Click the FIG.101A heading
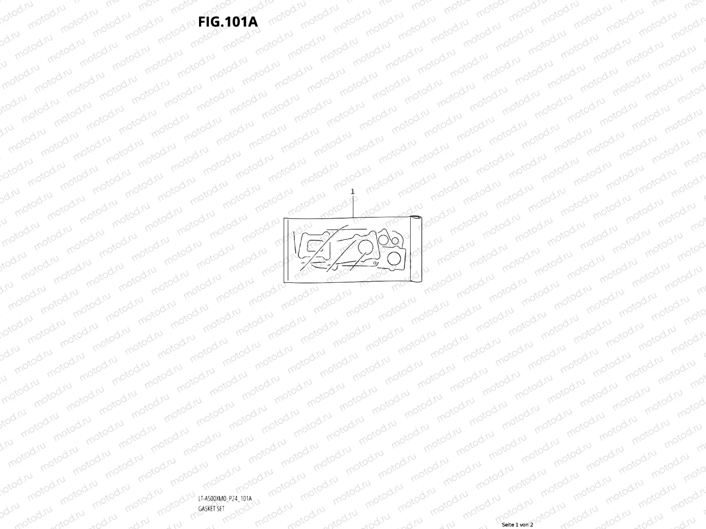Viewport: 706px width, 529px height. click(x=228, y=22)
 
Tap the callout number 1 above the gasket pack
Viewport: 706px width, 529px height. click(x=353, y=192)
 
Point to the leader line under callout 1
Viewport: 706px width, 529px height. click(x=353, y=205)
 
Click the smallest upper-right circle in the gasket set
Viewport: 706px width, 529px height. click(x=395, y=241)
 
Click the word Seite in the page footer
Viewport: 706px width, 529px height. click(x=509, y=525)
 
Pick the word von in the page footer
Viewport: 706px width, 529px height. click(x=525, y=525)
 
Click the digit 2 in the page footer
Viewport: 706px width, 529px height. click(x=532, y=525)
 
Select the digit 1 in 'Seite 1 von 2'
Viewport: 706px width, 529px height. click(x=518, y=525)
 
